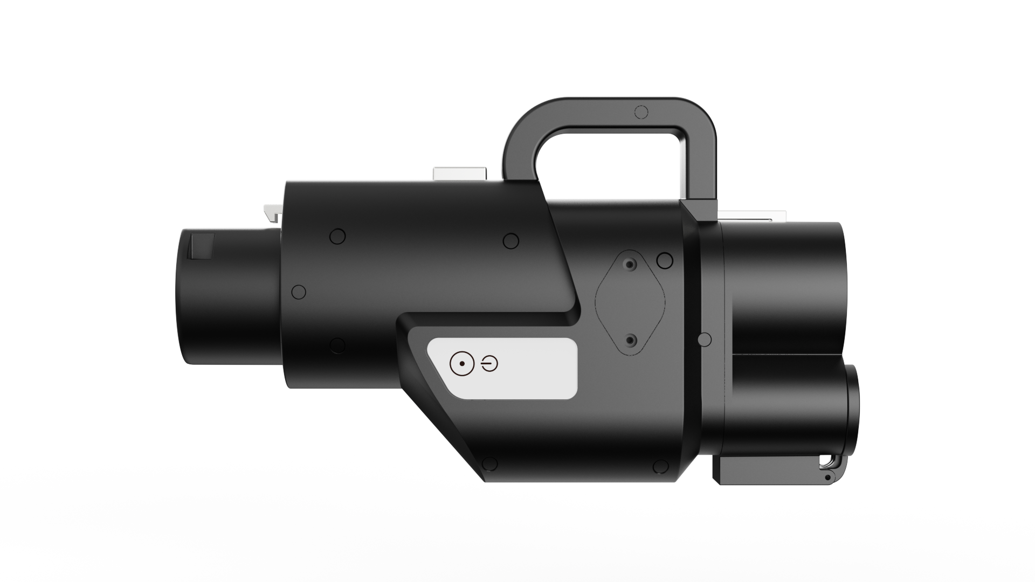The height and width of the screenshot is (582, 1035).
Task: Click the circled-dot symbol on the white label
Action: pos(462,365)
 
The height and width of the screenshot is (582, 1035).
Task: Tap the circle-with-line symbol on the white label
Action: pos(489,365)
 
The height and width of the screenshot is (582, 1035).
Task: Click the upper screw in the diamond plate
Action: pos(629,265)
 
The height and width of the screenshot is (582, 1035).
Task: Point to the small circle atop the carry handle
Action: pos(641,112)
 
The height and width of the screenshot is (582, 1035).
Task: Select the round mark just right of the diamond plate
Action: pos(665,261)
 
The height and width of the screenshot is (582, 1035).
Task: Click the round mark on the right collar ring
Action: pos(704,339)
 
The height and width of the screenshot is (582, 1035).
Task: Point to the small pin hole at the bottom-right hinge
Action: pos(827,477)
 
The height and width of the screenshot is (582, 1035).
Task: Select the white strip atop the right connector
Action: pos(749,216)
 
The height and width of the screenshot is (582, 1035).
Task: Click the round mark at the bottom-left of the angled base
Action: pos(489,464)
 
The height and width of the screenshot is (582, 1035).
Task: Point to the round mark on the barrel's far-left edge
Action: pos(298,292)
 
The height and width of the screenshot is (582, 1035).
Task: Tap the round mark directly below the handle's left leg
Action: pos(510,240)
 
